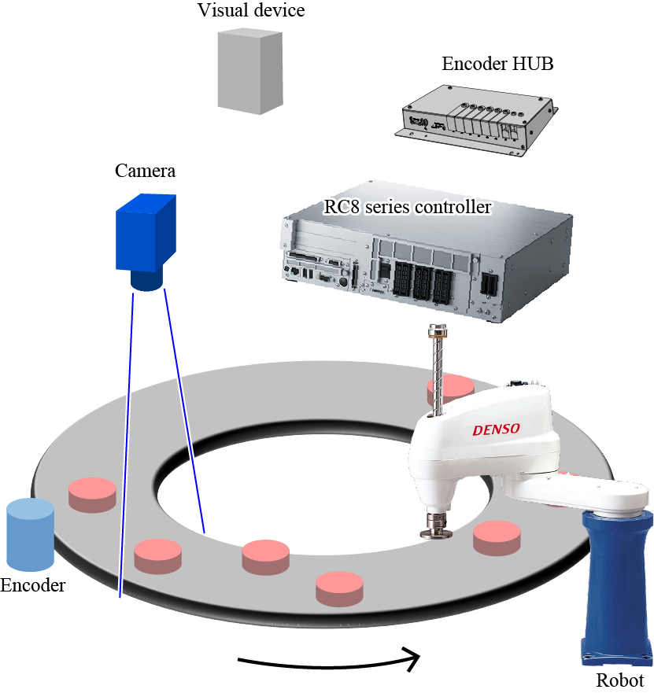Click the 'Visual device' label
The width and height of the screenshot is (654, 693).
250,11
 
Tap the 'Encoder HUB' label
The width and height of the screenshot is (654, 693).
497,65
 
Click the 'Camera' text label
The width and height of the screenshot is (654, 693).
145,171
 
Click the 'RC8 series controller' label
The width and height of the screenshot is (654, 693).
408,208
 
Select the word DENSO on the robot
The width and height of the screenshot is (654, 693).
497,429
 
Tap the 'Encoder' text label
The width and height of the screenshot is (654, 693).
33,586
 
